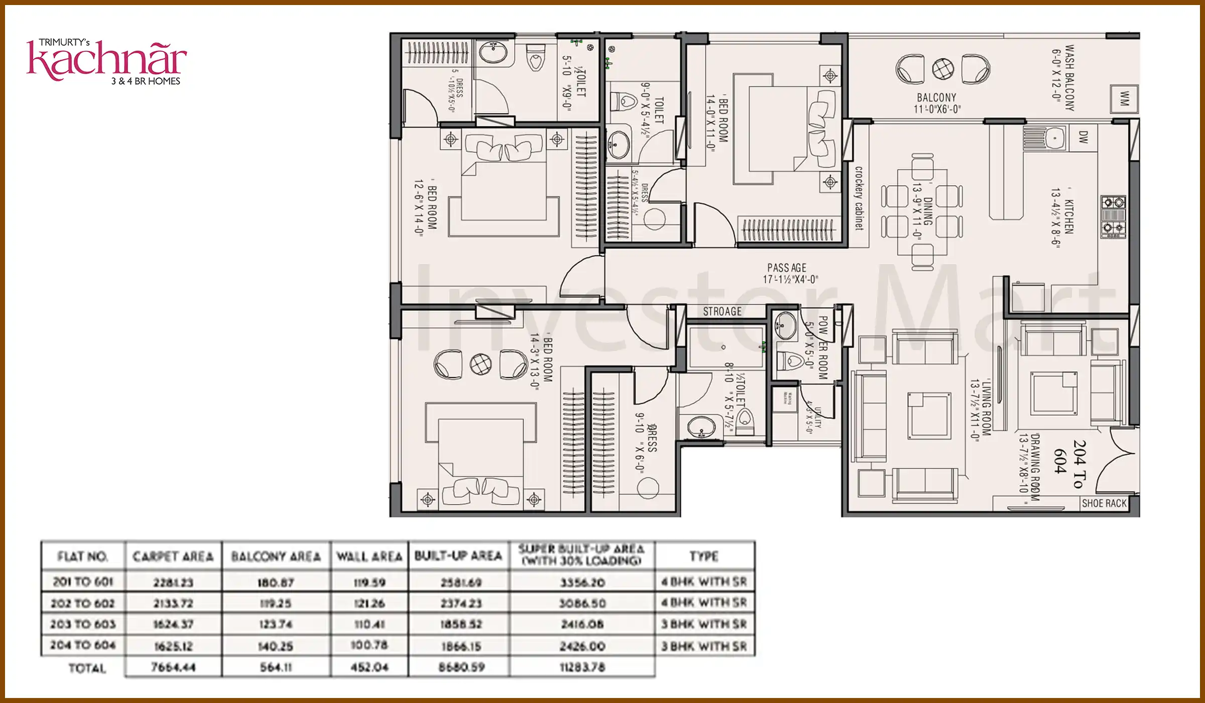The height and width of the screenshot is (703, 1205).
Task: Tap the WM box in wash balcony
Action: pyautogui.click(x=1124, y=99)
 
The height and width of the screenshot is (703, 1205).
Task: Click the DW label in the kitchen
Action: pyautogui.click(x=1083, y=137)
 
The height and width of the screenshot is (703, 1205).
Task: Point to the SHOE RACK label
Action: pyautogui.click(x=1104, y=503)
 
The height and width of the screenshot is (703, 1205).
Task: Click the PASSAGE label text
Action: pyautogui.click(x=787, y=268)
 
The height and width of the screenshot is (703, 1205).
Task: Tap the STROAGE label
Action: pyautogui.click(x=722, y=311)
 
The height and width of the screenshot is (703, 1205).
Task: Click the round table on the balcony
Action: pyautogui.click(x=943, y=69)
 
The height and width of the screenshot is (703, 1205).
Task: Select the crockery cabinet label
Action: pyautogui.click(x=859, y=198)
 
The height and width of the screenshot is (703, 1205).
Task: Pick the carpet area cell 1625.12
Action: pyautogui.click(x=173, y=646)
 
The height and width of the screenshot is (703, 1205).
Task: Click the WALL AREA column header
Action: pyautogui.click(x=370, y=556)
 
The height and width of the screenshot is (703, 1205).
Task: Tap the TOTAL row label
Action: pyautogui.click(x=87, y=668)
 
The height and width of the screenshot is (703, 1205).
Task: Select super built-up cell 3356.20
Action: pyautogui.click(x=582, y=582)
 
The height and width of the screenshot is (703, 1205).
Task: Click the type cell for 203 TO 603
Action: pyautogui.click(x=704, y=624)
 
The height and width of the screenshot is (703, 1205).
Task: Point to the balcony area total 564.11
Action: pyautogui.click(x=276, y=667)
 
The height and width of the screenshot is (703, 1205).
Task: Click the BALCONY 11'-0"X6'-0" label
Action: pyautogui.click(x=936, y=103)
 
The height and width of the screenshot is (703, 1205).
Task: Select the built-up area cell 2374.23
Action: pyautogui.click(x=461, y=603)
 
